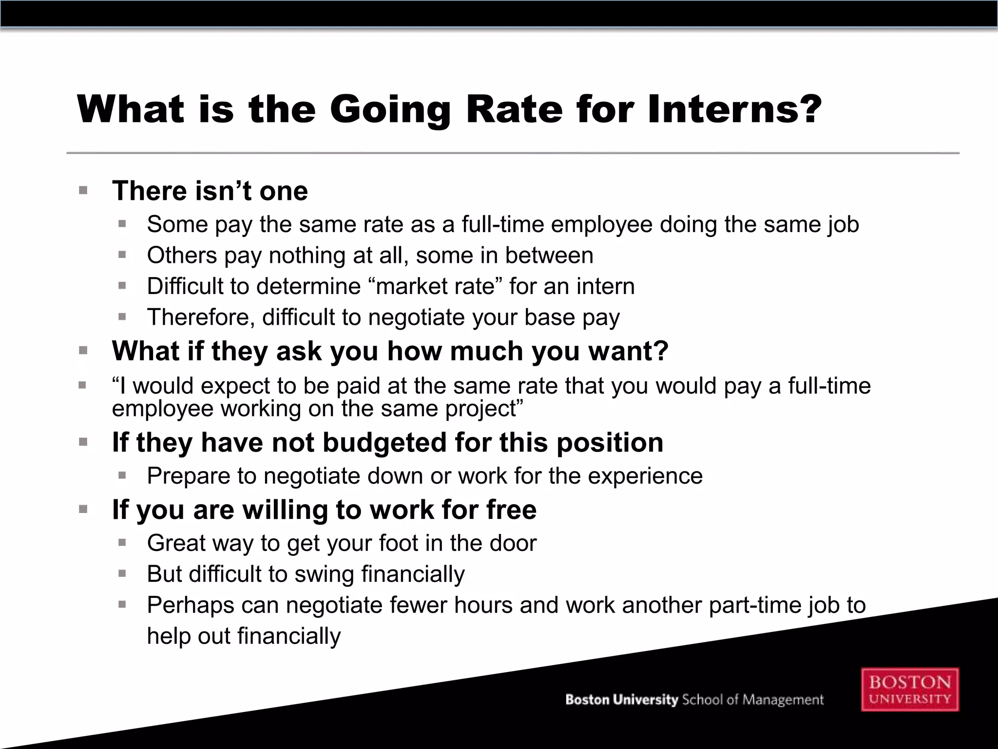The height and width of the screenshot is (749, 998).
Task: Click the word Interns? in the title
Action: [x=735, y=109]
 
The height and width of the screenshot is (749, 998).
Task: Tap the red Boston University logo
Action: [x=910, y=690]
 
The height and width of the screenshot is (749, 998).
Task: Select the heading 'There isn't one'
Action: [x=210, y=191]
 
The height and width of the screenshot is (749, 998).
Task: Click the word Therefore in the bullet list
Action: [x=201, y=317]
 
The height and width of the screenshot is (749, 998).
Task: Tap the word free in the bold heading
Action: [x=511, y=510]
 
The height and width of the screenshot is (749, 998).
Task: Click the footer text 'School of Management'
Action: [x=752, y=700]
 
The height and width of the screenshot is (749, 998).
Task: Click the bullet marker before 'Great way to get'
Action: [x=122, y=543]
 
